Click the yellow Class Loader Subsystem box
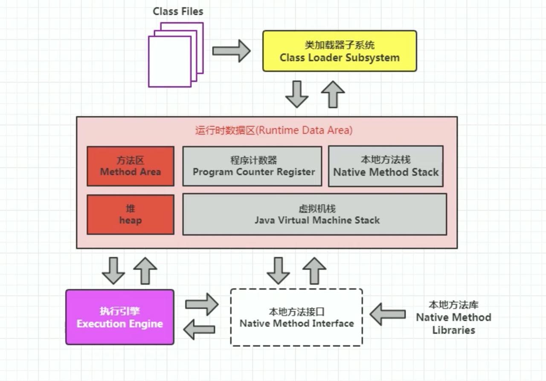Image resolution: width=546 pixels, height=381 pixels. tap(340, 51)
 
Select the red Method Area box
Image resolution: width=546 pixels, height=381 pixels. tap(131, 166)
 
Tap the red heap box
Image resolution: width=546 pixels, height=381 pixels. tap(131, 215)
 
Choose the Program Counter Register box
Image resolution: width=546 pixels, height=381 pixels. tap(252, 166)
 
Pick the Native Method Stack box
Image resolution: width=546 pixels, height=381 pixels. tap(386, 166)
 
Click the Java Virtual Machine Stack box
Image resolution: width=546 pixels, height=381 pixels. tap(315, 214)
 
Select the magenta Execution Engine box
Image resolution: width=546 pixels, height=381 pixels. tap(120, 317)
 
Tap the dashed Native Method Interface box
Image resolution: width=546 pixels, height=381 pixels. tap(296, 317)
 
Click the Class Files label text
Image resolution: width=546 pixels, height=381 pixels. tap(178, 12)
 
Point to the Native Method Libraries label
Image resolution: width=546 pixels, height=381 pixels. tap(453, 317)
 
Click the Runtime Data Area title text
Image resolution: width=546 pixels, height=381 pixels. tap(274, 130)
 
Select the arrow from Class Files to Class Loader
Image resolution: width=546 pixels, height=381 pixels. tap(231, 51)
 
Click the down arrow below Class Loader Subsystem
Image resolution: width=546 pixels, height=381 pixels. tap(296, 94)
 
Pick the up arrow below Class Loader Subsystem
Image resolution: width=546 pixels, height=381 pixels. tap(333, 94)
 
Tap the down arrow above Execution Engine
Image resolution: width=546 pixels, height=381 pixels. tap(113, 270)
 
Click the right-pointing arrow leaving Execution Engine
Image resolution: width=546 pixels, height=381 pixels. tap(202, 304)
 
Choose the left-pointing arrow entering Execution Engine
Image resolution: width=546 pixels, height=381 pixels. tap(199, 329)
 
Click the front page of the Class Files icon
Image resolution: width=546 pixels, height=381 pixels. tap(170, 62)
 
